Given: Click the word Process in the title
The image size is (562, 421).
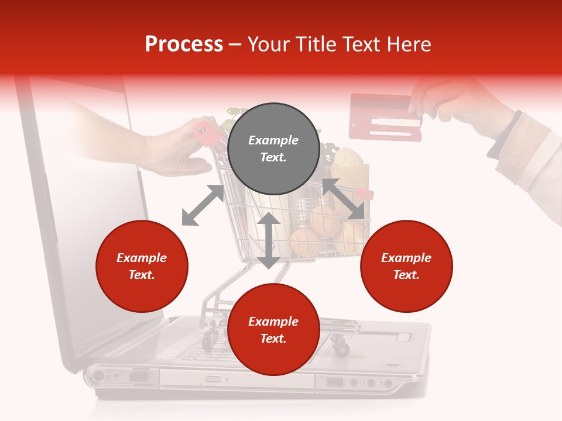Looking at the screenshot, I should coord(184,44).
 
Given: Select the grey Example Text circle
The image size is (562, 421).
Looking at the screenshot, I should coord(273,149).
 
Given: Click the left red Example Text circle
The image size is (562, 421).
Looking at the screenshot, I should coord(142,266).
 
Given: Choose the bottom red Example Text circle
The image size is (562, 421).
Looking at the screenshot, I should coord(273,330).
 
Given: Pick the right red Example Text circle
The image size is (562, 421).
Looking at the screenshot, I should coord(406,266).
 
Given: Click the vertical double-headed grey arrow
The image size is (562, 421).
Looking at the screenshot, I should coord(269,240).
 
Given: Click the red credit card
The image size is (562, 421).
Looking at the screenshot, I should coord(385,117).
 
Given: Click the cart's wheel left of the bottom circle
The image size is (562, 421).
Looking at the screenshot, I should coord(209,340).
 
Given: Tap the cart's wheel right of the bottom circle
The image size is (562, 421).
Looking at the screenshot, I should coord(341,348).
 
